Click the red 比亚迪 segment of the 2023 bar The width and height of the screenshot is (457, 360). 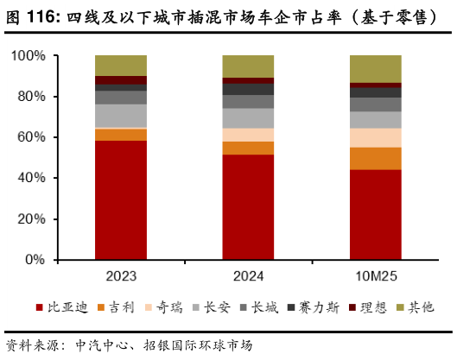(x=121, y=199)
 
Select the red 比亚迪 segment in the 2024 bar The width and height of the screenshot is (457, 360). (x=248, y=207)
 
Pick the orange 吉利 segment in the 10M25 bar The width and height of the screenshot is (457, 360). (x=375, y=158)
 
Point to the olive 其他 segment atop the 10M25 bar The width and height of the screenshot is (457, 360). (x=375, y=68)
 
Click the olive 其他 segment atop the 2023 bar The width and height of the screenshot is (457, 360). (x=121, y=65)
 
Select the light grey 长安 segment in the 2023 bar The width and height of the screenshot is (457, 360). (x=121, y=116)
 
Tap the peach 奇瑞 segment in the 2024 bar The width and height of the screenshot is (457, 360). (x=248, y=135)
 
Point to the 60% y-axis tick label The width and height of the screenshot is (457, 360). (x=31, y=137)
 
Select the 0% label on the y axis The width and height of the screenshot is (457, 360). (x=35, y=259)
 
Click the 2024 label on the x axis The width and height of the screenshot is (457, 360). (x=248, y=277)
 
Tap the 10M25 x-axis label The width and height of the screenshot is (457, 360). (x=375, y=277)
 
